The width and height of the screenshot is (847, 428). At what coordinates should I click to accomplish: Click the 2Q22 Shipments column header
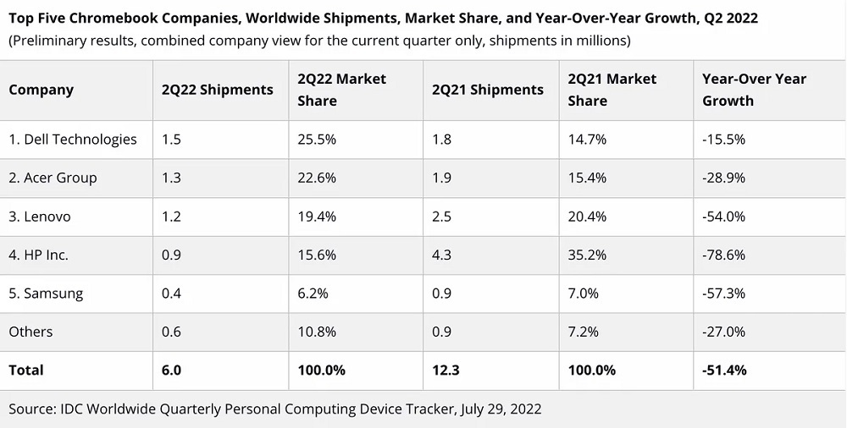(217, 90)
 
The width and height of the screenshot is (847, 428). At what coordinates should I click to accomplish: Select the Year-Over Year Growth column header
(754, 90)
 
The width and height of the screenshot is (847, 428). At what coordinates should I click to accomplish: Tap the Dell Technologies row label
(73, 140)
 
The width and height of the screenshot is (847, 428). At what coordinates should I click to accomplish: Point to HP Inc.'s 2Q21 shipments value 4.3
(442, 255)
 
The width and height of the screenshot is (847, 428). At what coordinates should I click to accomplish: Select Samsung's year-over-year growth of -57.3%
(723, 294)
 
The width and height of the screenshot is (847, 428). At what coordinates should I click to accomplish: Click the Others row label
(30, 332)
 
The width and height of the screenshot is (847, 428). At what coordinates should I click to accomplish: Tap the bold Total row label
(26, 370)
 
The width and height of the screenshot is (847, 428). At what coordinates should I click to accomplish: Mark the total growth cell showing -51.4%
(724, 370)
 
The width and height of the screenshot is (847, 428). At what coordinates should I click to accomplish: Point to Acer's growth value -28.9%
(723, 178)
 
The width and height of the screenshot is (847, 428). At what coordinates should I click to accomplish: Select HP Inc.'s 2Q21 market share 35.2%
(588, 255)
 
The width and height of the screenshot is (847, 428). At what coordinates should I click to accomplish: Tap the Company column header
(41, 90)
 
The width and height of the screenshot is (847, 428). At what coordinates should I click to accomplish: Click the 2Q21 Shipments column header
(487, 90)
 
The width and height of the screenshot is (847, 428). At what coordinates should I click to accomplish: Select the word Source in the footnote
(31, 409)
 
